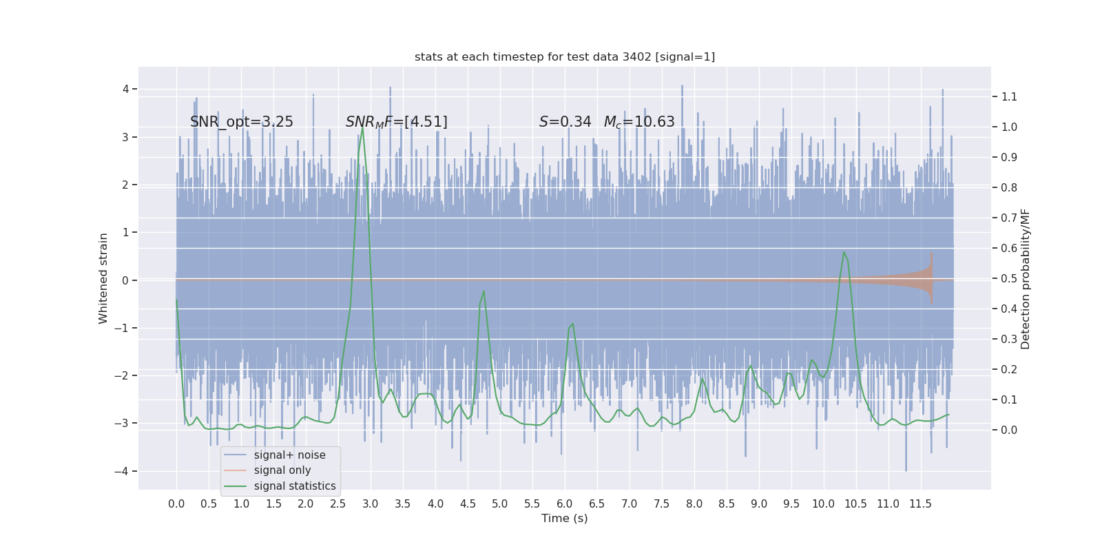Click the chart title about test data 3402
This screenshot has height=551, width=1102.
tap(565, 57)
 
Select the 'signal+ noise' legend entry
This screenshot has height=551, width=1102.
tap(289, 455)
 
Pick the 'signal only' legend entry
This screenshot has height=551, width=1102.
tap(282, 470)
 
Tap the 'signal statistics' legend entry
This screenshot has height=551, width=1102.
tap(295, 486)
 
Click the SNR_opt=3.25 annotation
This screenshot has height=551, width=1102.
tap(242, 122)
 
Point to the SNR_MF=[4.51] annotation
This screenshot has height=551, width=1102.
tap(397, 122)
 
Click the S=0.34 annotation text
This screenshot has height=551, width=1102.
tap(565, 122)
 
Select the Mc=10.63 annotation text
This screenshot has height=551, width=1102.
tap(639, 122)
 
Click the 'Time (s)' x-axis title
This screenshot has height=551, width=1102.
tap(565, 519)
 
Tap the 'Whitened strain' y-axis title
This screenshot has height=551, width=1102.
tap(103, 278)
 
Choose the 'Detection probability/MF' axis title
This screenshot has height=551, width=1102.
tap(1026, 278)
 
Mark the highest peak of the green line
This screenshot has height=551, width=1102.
tap(362, 127)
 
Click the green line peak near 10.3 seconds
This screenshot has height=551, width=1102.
tap(844, 252)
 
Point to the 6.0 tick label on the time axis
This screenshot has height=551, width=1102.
tap(565, 504)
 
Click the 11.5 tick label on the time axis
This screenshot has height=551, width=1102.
tap(920, 504)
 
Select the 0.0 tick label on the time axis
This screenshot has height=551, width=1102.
tap(176, 504)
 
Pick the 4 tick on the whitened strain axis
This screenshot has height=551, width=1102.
tap(126, 89)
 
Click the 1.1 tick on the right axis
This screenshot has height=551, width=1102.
tap(1009, 97)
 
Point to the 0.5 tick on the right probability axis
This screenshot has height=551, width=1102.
tap(1009, 279)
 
